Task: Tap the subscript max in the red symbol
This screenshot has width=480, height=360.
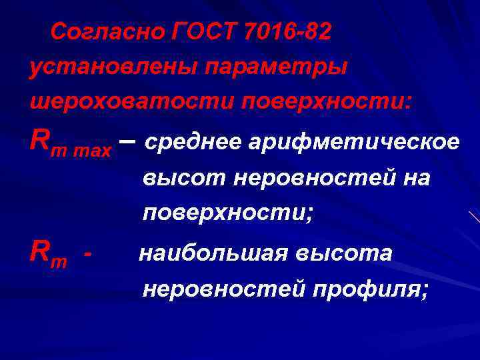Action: pos(93,145)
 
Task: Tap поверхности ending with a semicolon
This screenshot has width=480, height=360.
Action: pos(227,213)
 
